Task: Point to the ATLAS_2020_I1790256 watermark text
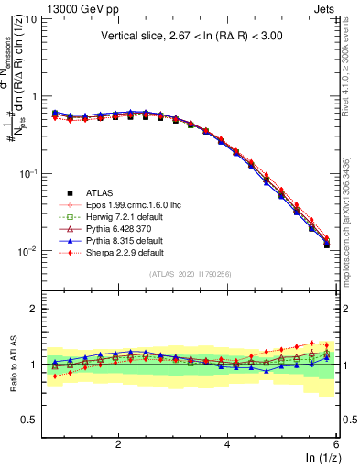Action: [190, 274]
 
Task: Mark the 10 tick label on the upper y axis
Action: [30, 18]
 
